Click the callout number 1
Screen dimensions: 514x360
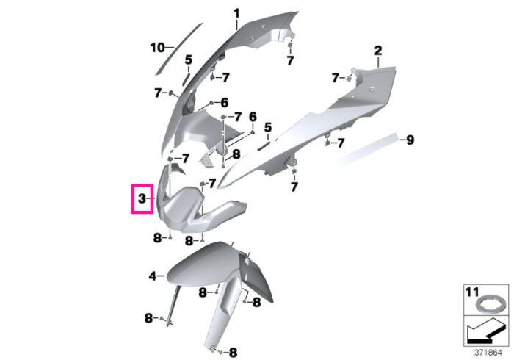pos(236,14)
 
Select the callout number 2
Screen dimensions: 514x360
pos(378,51)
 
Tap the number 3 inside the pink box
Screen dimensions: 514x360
pos(142,198)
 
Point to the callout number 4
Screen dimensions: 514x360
pos(153,276)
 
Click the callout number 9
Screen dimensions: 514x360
pos(410,140)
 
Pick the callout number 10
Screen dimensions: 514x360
pos(157,48)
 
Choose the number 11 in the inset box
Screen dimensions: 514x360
pos(472,292)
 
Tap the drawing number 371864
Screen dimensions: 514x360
pos(488,353)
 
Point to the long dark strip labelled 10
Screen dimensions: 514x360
pos(179,48)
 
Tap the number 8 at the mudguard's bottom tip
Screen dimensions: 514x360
pos(233,353)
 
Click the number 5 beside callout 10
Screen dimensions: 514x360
pos(189,60)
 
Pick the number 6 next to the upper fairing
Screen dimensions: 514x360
pos(224,103)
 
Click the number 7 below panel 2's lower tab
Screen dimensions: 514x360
pos(294,187)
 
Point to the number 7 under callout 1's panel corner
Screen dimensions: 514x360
pos(290,61)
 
